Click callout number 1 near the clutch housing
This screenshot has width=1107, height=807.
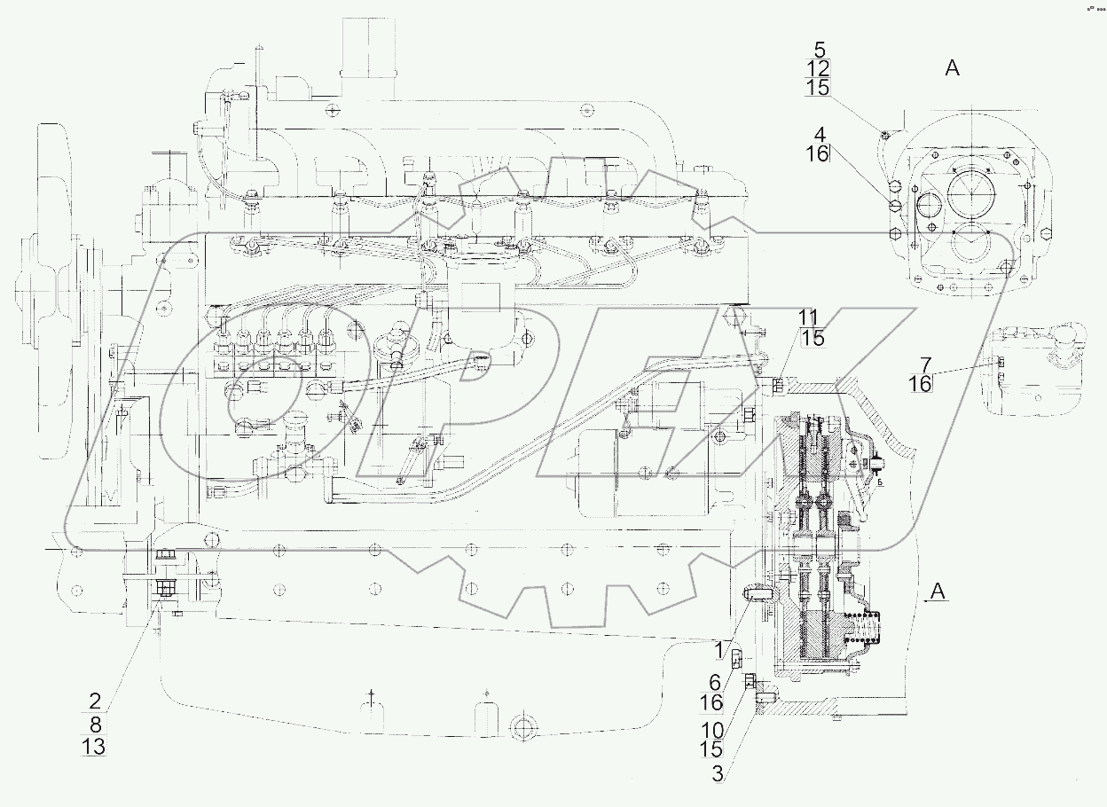pyautogui.click(x=723, y=651)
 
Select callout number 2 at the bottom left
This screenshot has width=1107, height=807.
pyautogui.click(x=94, y=698)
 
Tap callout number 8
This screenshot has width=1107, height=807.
pyautogui.click(x=94, y=722)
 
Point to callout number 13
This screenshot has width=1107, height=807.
pyautogui.click(x=94, y=747)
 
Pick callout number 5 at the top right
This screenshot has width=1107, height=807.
pyautogui.click(x=819, y=50)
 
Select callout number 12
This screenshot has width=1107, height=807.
pyautogui.click(x=819, y=68)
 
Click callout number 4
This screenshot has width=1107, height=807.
pyautogui.click(x=820, y=135)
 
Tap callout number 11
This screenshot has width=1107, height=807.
pyautogui.click(x=808, y=317)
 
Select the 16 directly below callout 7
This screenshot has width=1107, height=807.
pyautogui.click(x=921, y=383)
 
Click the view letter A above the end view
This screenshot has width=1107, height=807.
pyautogui.click(x=952, y=68)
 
